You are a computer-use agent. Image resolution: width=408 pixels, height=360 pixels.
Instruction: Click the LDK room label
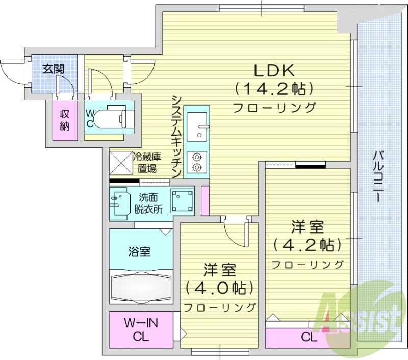[x=273, y=70]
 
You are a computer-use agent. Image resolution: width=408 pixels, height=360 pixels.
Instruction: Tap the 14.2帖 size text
[x=273, y=89]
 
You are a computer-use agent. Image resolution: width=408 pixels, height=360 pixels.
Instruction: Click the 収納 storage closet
[x=65, y=120]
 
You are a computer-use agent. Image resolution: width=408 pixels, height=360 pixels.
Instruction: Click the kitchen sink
[x=196, y=126]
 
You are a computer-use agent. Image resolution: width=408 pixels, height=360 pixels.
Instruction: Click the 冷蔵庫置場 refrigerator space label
[x=151, y=163]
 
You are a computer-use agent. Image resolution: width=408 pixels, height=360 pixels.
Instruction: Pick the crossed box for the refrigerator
[x=120, y=163]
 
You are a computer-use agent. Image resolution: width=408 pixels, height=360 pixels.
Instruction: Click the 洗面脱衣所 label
[x=148, y=202]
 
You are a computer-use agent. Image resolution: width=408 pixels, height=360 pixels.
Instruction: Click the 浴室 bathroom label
[x=139, y=251]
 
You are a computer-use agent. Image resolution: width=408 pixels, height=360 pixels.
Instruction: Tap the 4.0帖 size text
[x=220, y=288]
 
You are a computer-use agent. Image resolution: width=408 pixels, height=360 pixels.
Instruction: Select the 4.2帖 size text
[x=308, y=245]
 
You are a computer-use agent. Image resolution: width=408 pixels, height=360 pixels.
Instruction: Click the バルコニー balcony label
[x=378, y=176]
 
